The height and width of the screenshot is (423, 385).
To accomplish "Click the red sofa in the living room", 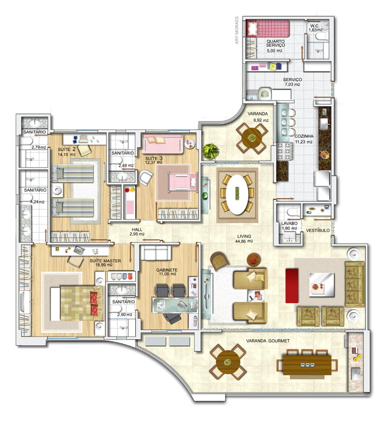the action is [292, 286].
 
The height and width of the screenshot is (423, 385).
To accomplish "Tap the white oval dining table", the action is [237, 195].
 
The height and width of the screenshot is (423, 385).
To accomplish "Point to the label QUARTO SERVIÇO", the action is [275, 44].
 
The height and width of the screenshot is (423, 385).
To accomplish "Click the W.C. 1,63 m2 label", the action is [316, 28].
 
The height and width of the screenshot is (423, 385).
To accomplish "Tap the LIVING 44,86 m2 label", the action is [244, 239].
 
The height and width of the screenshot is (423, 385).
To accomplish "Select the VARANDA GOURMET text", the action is [268, 341].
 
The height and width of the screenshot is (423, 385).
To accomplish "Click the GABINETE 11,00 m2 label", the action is [167, 272].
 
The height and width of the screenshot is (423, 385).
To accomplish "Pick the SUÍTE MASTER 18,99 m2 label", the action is [105, 263].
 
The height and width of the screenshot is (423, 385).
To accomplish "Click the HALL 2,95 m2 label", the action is [137, 232].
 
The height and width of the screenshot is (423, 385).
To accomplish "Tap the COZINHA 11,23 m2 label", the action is [304, 139].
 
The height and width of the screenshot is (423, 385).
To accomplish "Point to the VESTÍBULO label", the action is [318, 231].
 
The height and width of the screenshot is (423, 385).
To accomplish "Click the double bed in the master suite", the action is [78, 303].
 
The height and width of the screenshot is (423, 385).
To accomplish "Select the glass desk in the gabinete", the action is [174, 305].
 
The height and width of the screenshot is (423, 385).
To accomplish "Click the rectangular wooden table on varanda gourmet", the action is [307, 365].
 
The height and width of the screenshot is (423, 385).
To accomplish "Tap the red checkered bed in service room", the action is [268, 28].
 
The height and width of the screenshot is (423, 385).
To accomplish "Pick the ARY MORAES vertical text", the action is [237, 30].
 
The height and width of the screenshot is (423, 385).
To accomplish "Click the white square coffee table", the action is [321, 285].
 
